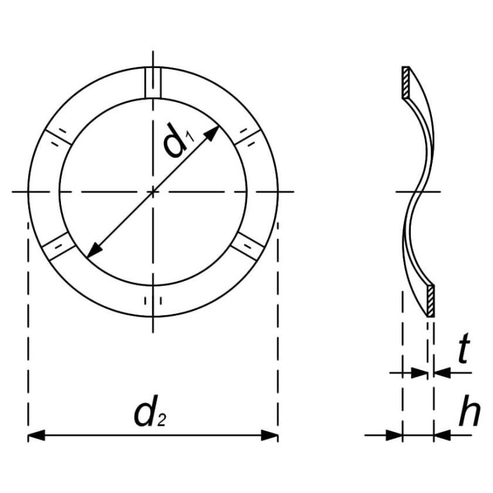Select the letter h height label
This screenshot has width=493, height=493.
469,414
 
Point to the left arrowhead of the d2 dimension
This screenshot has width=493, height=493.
36,436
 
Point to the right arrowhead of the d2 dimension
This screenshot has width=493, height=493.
270,436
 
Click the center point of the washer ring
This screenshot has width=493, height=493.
153,191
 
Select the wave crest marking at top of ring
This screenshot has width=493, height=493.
153,82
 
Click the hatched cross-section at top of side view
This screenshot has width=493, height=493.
406,83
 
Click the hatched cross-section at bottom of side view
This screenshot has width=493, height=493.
431,300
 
